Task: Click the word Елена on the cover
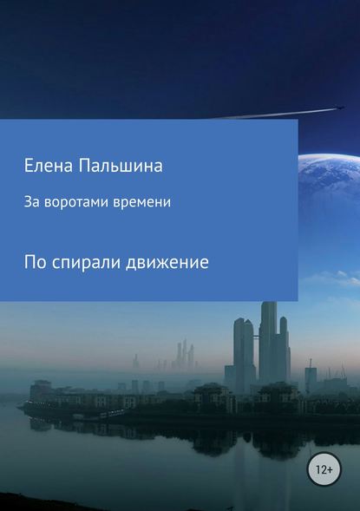(49, 166)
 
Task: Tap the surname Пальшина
(121, 166)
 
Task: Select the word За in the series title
(32, 202)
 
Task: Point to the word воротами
(76, 203)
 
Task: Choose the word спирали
(86, 264)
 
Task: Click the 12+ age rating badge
(324, 469)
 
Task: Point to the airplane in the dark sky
(340, 107)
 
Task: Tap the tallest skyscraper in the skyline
(268, 341)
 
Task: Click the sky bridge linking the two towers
(257, 337)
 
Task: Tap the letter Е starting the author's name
(29, 166)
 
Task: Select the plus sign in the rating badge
(330, 470)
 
